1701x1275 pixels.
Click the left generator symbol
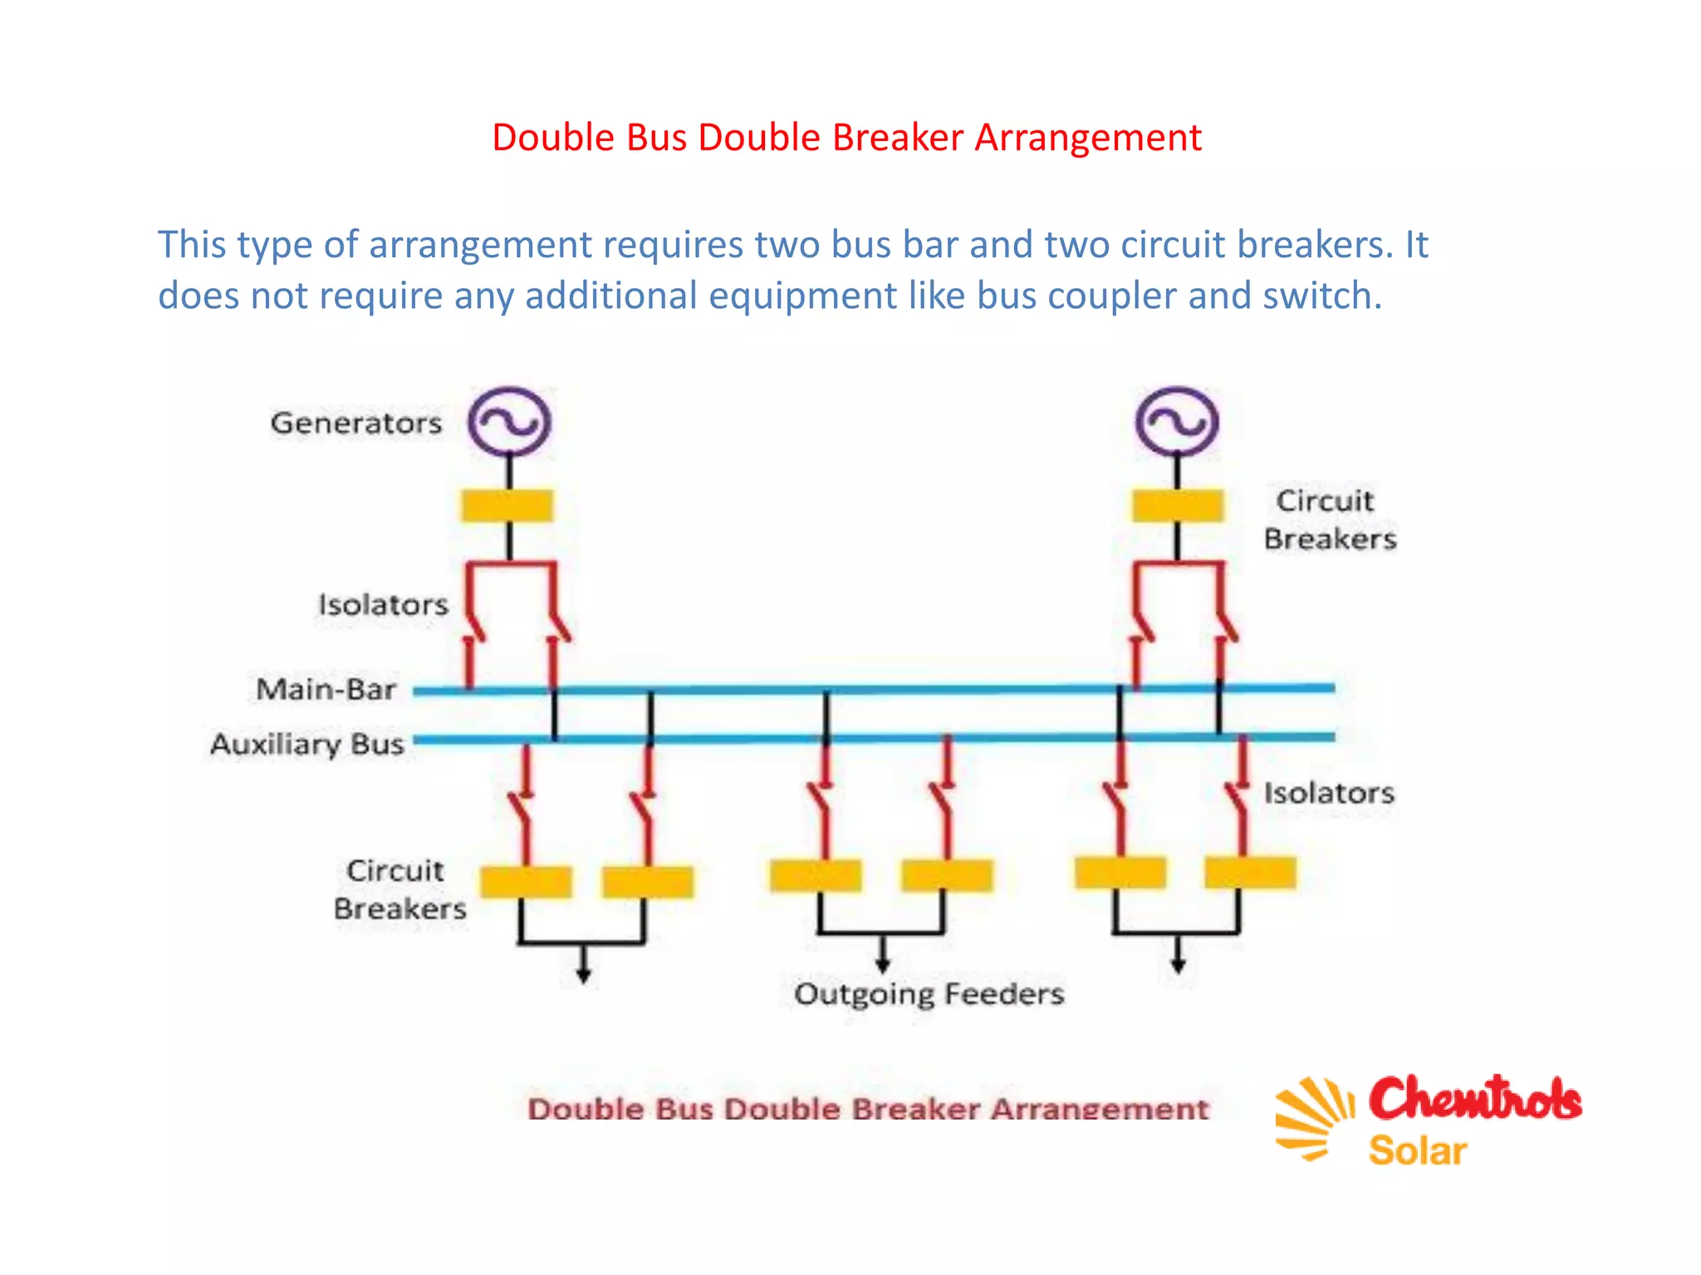tap(509, 422)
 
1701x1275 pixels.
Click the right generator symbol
tap(1177, 422)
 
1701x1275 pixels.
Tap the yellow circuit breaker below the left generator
tap(507, 506)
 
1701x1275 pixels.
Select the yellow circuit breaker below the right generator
tap(1178, 506)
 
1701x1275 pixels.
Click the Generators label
tap(356, 423)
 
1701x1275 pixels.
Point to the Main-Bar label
tap(326, 689)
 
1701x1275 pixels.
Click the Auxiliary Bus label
tap(307, 744)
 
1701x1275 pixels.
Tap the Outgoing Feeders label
tap(929, 994)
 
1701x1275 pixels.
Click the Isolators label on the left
tap(383, 605)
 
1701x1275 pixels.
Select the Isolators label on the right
tap(1329, 793)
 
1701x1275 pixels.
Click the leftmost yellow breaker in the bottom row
tap(526, 882)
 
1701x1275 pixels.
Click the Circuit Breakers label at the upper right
tap(1329, 520)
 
